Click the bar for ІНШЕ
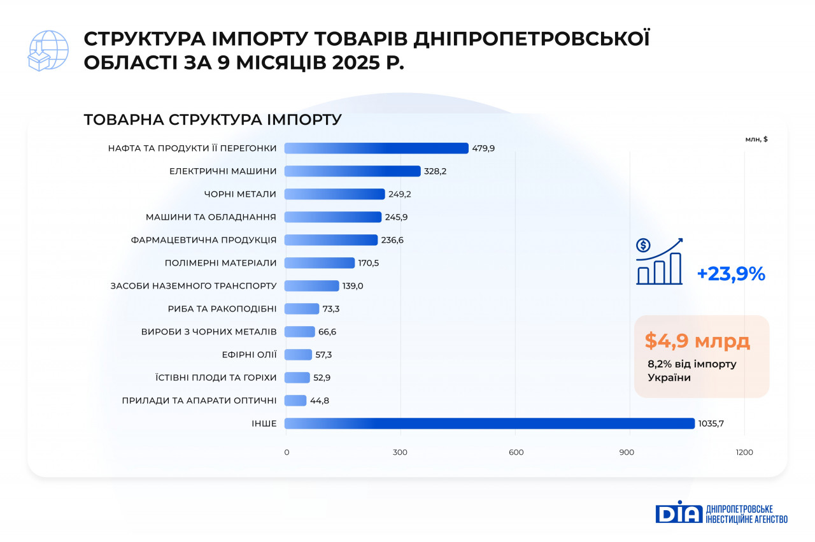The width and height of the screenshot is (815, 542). click(489, 424)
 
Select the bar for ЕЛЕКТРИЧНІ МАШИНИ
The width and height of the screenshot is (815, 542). click(352, 171)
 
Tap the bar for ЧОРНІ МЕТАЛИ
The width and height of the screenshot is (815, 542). click(334, 194)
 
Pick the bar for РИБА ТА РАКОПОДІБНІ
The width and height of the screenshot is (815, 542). click(301, 309)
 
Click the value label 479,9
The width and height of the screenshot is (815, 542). click(483, 148)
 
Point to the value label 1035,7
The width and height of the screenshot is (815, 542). click(711, 424)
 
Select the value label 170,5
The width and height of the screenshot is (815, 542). click(370, 263)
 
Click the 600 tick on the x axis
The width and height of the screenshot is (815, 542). click(516, 452)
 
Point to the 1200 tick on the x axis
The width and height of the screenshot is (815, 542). click(744, 452)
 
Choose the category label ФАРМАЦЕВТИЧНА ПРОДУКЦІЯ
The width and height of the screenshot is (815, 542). click(204, 240)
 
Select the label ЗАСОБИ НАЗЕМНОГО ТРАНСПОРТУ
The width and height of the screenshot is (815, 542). click(194, 286)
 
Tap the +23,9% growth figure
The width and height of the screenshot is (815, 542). click(730, 274)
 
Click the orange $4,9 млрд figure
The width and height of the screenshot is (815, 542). click(697, 341)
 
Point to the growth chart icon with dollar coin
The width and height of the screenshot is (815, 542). click(659, 262)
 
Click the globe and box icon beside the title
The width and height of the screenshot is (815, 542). click(48, 50)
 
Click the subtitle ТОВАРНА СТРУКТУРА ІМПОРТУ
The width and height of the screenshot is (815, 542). click(213, 120)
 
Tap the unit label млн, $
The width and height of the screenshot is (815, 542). click(756, 139)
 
